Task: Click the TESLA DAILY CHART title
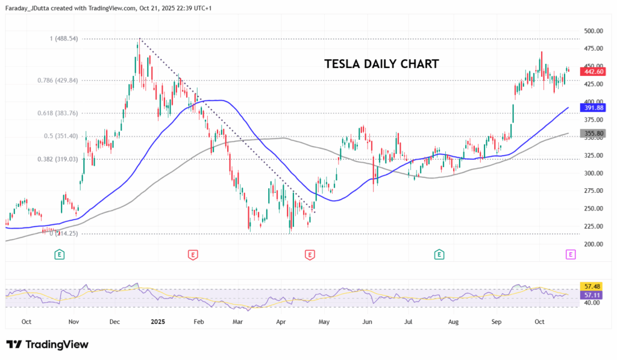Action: click(381, 64)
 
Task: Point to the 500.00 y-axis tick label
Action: click(594, 31)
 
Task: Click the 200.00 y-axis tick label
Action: click(594, 244)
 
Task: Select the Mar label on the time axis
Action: click(238, 322)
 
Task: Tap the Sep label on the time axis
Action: click(496, 322)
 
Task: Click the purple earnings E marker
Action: click(571, 255)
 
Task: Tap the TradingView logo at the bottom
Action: click(48, 344)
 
